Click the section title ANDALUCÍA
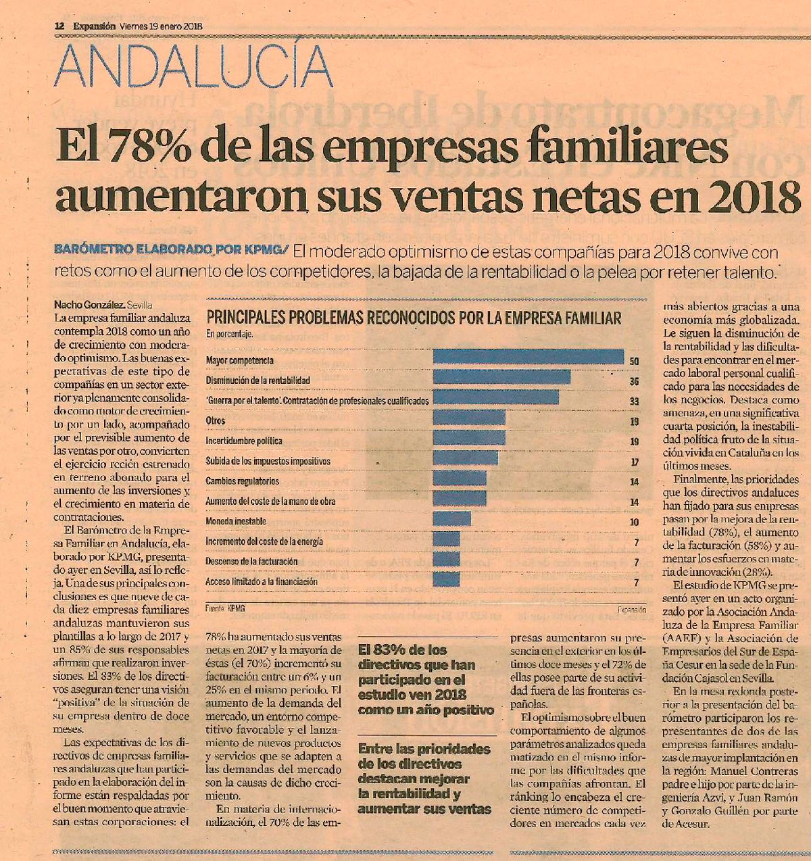point(193,66)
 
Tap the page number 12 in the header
point(59,26)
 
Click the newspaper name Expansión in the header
point(94,26)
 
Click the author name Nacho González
point(89,305)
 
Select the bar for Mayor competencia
point(529,356)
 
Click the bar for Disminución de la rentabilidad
point(501,376)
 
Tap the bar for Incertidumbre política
point(469,437)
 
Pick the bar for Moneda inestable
point(452,518)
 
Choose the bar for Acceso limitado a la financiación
point(446,579)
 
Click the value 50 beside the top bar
point(634,361)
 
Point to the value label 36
point(634,382)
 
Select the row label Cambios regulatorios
point(243,481)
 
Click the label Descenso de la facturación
point(251,562)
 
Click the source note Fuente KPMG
point(225,609)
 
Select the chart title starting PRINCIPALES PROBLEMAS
point(414,318)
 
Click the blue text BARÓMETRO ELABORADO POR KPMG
point(171,249)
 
